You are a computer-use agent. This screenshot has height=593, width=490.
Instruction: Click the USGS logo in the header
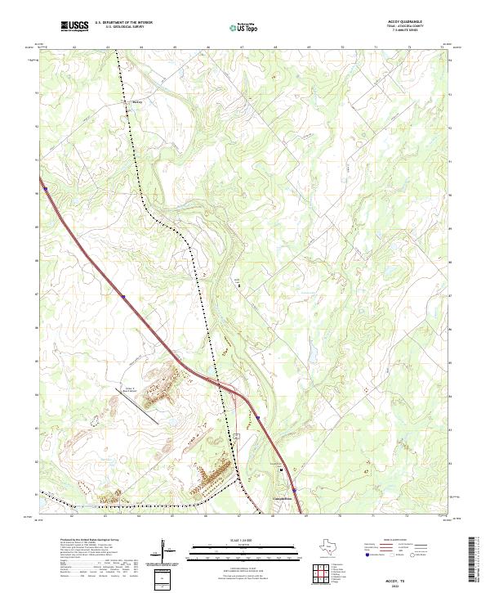click(74, 26)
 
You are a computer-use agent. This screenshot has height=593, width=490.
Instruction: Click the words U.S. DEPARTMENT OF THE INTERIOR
click(123, 23)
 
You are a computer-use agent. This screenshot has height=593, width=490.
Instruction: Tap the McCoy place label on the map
click(137, 102)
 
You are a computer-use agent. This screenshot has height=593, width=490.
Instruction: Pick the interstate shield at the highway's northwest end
click(47, 190)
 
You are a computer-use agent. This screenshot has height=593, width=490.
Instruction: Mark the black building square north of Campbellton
click(283, 470)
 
